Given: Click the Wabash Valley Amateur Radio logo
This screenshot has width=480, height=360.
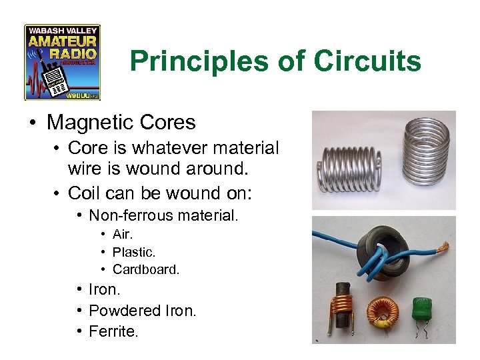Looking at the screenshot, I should coord(62,62).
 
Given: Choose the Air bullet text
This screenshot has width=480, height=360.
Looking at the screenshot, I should coord(122,235).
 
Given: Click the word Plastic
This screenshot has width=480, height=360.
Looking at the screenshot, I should coord(133,253).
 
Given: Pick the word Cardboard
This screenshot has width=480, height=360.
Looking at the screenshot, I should coord(146,270).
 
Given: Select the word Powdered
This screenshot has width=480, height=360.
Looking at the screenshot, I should coord(124,311).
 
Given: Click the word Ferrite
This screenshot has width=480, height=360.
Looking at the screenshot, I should coord(113,331).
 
